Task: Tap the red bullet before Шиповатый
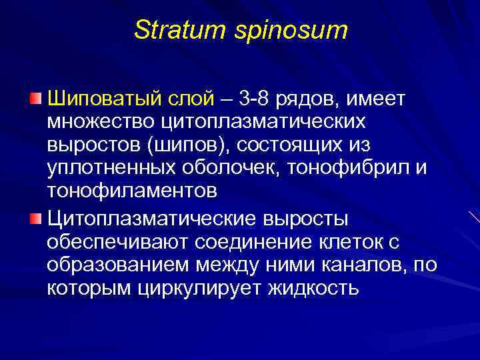[35, 99]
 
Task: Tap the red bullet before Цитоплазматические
[35, 218]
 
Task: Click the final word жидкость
[313, 288]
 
